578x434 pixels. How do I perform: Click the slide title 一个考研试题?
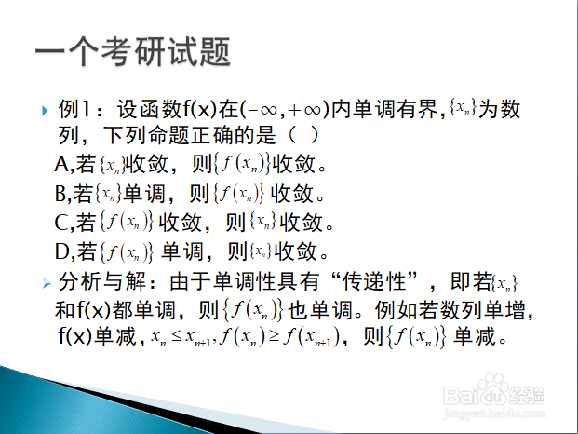133,51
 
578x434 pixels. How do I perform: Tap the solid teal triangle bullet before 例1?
45,111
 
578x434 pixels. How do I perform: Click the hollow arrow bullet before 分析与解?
47,283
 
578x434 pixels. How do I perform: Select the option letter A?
61,164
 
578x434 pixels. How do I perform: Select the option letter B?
60,193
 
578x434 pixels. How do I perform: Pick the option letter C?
60,223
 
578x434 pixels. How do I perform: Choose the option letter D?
61,251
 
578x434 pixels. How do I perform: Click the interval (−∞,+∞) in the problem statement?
284,110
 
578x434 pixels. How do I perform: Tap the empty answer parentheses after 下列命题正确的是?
303,135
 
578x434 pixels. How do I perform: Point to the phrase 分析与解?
102,281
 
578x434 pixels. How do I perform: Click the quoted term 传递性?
374,281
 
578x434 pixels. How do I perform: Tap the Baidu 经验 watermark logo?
493,391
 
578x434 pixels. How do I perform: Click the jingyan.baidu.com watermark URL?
493,414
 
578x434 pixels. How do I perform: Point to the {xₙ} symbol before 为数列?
463,108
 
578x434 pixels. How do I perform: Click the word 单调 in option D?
182,251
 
